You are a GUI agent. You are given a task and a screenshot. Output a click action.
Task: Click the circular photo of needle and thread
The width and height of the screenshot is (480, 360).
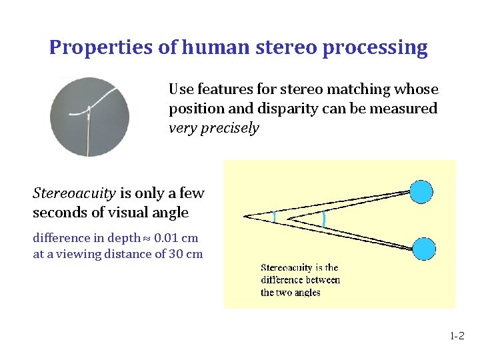(x=90, y=117)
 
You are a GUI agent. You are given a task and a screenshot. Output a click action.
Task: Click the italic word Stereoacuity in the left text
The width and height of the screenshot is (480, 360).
(x=74, y=193)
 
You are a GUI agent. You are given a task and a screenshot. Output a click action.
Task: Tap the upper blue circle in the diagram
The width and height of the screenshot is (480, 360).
(x=421, y=191)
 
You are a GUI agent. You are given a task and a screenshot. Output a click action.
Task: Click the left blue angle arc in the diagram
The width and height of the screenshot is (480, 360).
(x=274, y=216)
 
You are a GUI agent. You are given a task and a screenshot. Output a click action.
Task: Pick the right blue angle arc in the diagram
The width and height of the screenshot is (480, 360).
(x=324, y=217)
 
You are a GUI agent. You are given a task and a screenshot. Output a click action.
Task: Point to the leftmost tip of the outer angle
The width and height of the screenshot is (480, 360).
(x=245, y=215)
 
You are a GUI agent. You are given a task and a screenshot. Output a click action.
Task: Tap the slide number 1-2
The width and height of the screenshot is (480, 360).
(x=457, y=337)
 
